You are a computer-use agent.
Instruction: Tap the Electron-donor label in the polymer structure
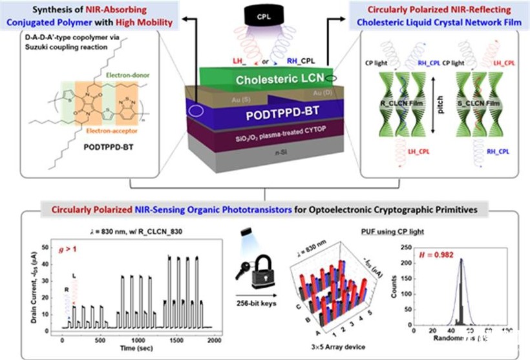(127, 75)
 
